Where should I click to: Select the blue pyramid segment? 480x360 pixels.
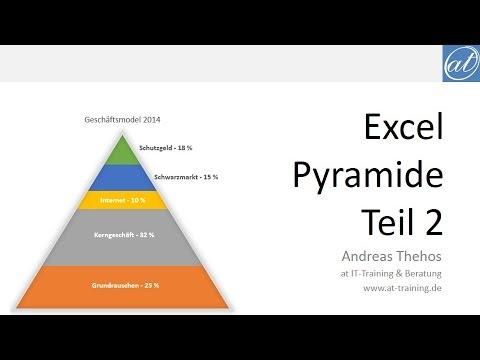(121, 178)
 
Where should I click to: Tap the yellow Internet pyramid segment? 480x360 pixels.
(121, 200)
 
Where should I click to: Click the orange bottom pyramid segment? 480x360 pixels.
(121, 285)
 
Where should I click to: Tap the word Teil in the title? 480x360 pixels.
(390, 215)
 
